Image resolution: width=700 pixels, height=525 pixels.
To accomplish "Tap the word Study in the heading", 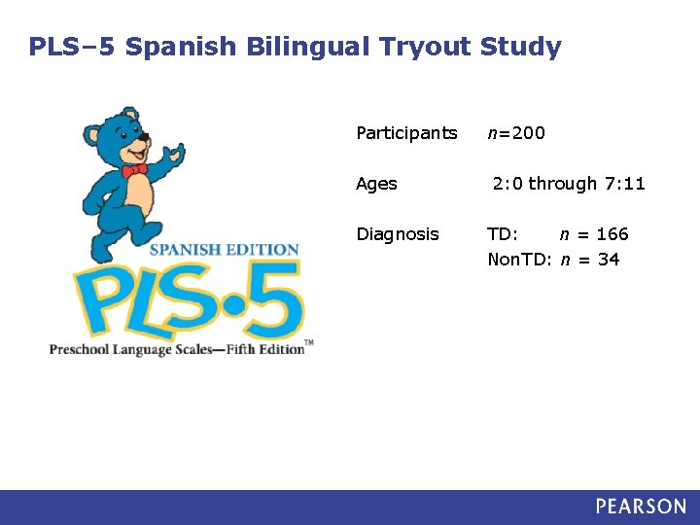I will [521, 47].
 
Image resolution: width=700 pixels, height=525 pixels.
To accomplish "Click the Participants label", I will [406, 133].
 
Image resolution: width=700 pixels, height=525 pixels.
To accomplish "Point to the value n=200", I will [516, 133].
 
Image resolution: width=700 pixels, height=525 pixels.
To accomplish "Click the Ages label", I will [376, 184].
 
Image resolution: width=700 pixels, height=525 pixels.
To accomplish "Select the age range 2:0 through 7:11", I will [569, 184].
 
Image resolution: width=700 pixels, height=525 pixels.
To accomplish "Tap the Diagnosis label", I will [398, 234].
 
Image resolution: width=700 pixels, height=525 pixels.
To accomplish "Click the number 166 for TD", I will [612, 234].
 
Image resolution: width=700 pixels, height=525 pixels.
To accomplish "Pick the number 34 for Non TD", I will [609, 260].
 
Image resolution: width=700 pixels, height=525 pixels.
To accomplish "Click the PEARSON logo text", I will [641, 507].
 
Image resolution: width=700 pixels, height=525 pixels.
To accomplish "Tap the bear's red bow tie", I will [134, 170].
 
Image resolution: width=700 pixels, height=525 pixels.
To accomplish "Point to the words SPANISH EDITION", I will [224, 249].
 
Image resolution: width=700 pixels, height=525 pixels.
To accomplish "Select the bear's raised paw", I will [174, 154].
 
